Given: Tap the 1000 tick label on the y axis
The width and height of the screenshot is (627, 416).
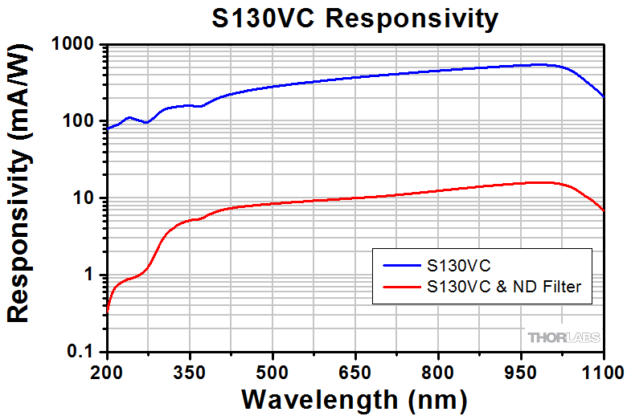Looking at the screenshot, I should click(x=75, y=45).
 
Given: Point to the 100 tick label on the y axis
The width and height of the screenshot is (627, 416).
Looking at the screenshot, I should click(x=80, y=122).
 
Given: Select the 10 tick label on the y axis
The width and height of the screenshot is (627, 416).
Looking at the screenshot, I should click(x=86, y=198).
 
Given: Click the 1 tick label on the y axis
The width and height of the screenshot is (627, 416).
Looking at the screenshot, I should click(x=92, y=275).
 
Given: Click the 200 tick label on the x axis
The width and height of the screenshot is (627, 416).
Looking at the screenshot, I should click(x=106, y=371).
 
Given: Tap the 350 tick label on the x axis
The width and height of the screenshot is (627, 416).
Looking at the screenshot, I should click(x=189, y=371).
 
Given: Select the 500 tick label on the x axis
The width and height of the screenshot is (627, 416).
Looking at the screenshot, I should click(x=273, y=371).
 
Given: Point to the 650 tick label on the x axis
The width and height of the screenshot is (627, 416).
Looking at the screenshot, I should click(x=355, y=371).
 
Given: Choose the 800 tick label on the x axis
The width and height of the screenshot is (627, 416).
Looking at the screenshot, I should click(x=438, y=371).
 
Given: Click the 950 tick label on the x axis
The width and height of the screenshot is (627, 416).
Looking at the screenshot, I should click(x=521, y=371).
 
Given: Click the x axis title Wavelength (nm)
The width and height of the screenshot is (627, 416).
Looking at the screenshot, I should click(x=354, y=398).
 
